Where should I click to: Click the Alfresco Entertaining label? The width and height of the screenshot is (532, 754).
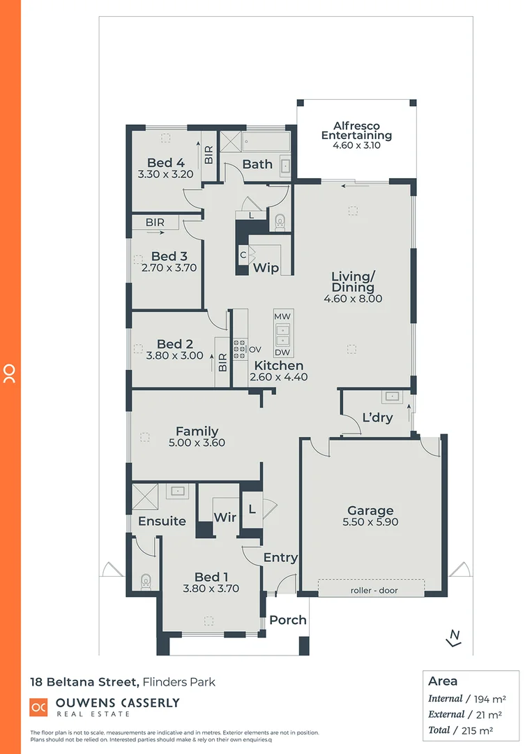click(356, 131)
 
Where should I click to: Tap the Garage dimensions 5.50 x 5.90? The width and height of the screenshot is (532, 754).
click(370, 522)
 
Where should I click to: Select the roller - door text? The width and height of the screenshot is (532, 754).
click(370, 590)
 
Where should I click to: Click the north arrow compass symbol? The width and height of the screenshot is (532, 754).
click(454, 637)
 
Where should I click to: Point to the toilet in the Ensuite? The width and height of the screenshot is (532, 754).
click(146, 581)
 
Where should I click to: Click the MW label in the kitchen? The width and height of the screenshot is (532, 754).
click(282, 317)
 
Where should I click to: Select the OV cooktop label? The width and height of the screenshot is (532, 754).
click(255, 349)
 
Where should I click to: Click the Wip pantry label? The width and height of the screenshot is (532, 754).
click(266, 268)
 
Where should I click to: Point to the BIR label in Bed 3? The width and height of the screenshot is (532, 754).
click(155, 222)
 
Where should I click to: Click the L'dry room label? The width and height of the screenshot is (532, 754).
click(377, 418)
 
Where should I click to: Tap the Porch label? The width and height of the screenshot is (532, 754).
click(288, 620)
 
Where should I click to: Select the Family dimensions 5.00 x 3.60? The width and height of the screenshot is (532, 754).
click(197, 443)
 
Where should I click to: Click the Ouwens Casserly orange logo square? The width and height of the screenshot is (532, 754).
click(38, 707)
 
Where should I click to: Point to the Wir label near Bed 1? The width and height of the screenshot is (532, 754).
click(225, 517)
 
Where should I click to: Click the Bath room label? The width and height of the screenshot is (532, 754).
click(257, 165)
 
